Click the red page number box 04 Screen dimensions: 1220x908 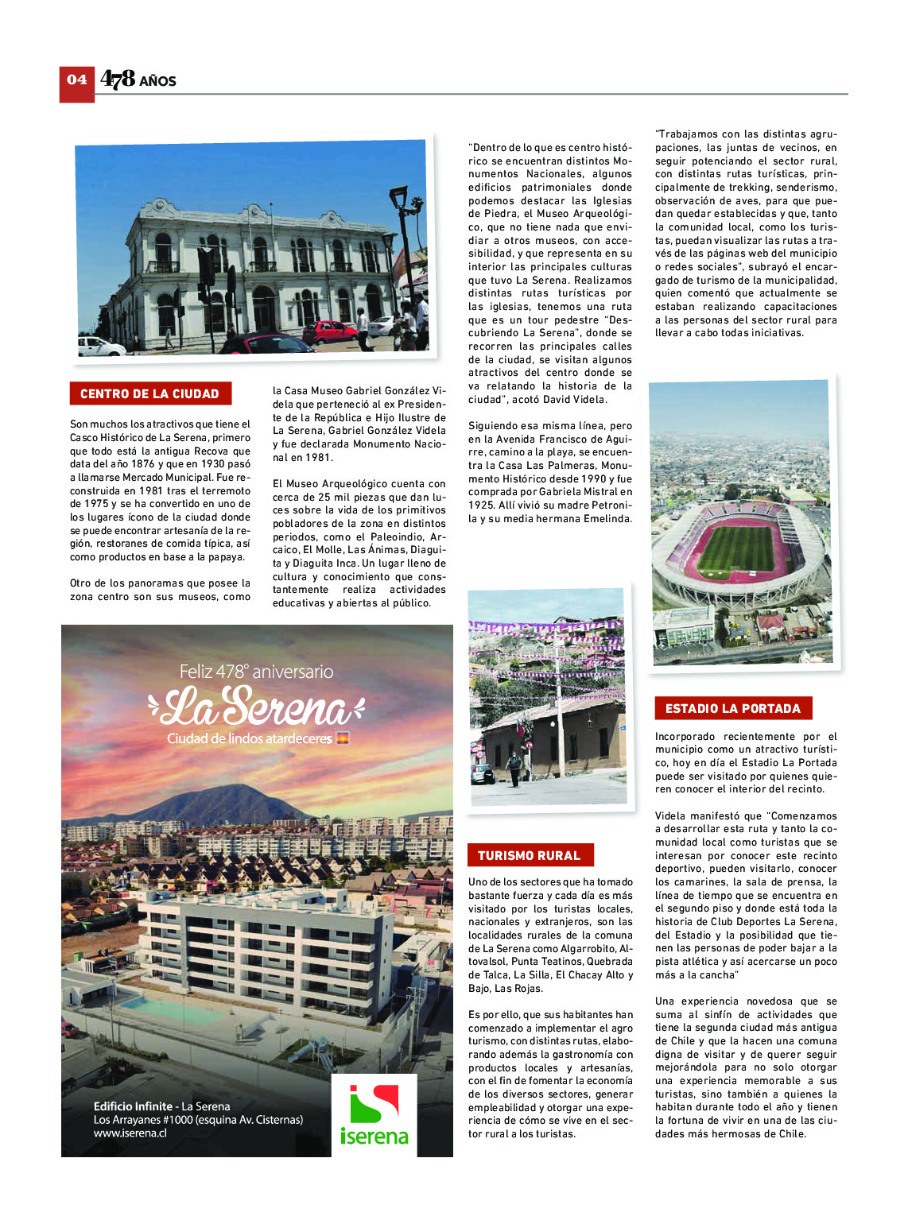click(77, 83)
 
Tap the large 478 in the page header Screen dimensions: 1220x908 click(118, 79)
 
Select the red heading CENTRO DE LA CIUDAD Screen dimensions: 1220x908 click(149, 394)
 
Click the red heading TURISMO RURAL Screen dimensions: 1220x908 click(530, 856)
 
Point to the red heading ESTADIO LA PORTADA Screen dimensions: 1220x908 click(732, 709)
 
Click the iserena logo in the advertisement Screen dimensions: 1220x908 click(374, 1114)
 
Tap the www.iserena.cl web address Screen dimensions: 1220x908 click(130, 1133)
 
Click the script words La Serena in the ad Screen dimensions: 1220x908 click(255, 706)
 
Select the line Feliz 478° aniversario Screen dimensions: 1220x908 click(256, 672)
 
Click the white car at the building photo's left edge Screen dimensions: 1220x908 click(99, 347)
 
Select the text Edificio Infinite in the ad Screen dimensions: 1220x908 click(133, 1106)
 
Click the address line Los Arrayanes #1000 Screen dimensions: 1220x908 click(198, 1120)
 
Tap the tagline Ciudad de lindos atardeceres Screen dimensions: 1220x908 click(250, 739)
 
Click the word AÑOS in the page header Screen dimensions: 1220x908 click(158, 81)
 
